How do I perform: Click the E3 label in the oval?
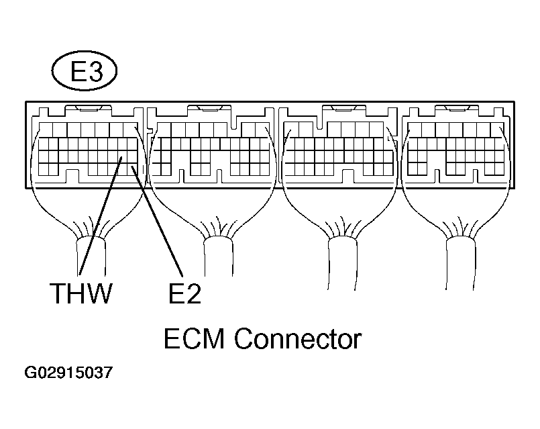point(85,72)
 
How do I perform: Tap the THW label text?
point(80,295)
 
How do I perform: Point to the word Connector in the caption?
point(298,339)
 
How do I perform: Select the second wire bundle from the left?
point(217,258)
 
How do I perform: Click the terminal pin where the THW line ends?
point(121,158)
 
